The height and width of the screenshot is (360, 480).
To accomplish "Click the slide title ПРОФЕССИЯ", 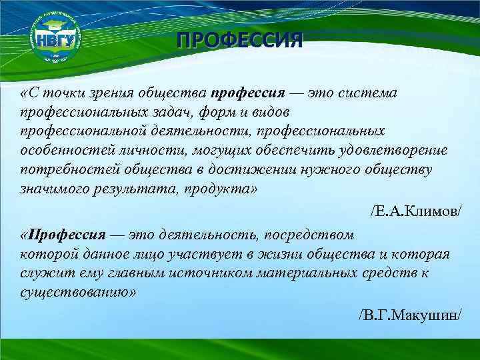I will pyautogui.click(x=240, y=40).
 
